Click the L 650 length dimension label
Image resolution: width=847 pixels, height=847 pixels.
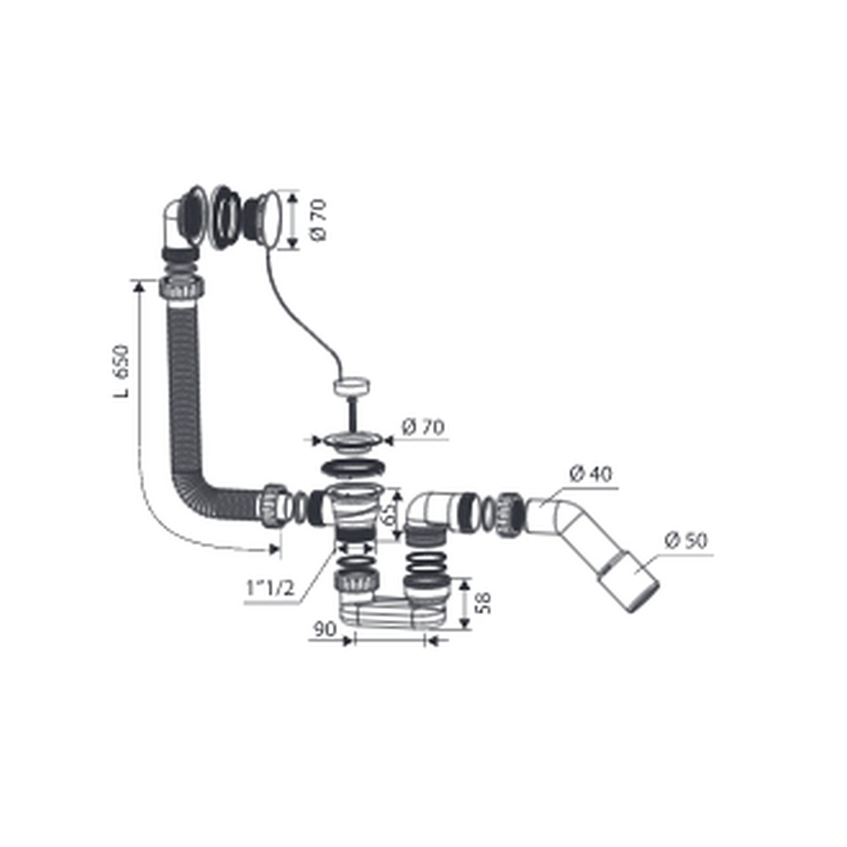[121, 371]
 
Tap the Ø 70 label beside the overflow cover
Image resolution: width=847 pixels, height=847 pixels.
[318, 220]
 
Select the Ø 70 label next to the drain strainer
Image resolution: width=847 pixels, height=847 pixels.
[423, 427]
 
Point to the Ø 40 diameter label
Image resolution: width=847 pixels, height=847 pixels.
[591, 473]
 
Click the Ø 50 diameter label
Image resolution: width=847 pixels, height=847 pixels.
[685, 540]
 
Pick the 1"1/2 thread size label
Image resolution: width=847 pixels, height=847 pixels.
[270, 588]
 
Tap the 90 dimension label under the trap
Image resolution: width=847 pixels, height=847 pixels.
[324, 628]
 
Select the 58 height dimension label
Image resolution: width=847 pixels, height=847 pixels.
[484, 603]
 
